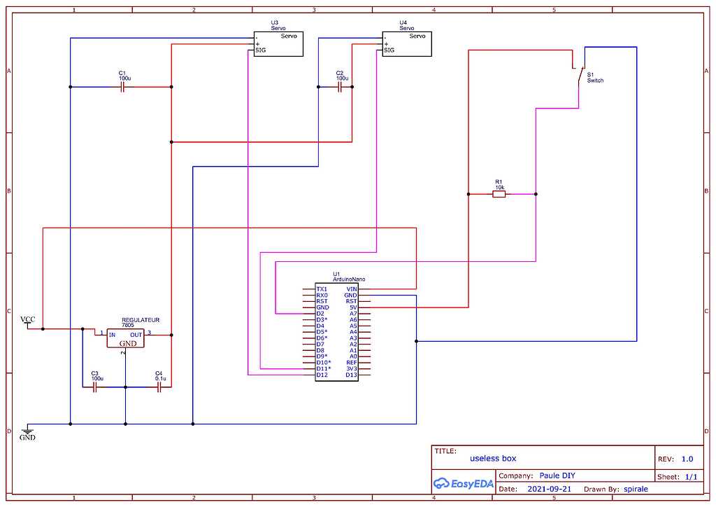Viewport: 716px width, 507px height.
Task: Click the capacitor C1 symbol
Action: pos(122,87)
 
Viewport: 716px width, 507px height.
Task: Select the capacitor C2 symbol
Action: pos(340,87)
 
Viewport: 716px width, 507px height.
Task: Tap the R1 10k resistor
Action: pos(499,194)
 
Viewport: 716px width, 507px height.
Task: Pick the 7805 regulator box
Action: pos(124,338)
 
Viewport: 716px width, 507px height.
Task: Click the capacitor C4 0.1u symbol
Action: pos(159,386)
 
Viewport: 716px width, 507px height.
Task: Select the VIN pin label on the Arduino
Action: pos(351,289)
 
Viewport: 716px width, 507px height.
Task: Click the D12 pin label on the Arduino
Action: pos(322,375)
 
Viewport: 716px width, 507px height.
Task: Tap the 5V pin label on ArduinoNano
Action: pos(353,307)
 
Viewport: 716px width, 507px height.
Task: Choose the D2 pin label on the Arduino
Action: pos(320,314)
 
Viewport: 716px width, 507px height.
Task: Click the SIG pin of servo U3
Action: pos(260,50)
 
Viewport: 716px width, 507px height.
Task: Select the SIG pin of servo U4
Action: pos(389,50)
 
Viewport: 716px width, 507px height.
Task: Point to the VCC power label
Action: pos(27,320)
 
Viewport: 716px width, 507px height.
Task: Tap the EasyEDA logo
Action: pos(464,483)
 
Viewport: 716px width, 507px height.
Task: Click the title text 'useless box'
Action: pos(493,458)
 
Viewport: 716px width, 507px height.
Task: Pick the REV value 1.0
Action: pos(687,459)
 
